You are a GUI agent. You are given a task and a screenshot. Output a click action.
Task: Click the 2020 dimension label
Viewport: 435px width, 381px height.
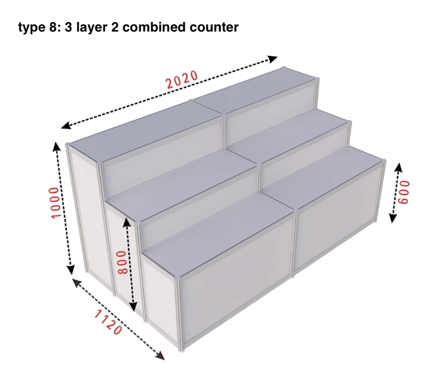[x=182, y=79]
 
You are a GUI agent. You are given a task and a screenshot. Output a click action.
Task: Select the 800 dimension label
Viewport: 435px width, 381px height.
[x=121, y=262]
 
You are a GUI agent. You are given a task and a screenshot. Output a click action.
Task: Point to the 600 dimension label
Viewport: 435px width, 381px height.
[x=403, y=193]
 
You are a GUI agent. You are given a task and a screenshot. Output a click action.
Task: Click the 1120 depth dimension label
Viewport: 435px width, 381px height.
[x=108, y=322]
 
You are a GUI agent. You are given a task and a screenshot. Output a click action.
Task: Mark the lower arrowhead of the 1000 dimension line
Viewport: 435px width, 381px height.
[x=71, y=269]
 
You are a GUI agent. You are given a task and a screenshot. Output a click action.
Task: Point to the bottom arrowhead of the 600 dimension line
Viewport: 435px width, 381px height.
[x=392, y=218]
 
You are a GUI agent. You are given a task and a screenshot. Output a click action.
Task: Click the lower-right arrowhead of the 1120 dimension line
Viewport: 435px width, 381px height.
[x=160, y=356]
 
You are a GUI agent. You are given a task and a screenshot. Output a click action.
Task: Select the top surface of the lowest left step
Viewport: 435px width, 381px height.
[x=218, y=233]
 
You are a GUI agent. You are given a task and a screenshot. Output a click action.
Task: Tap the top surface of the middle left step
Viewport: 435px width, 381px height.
[x=182, y=183]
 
